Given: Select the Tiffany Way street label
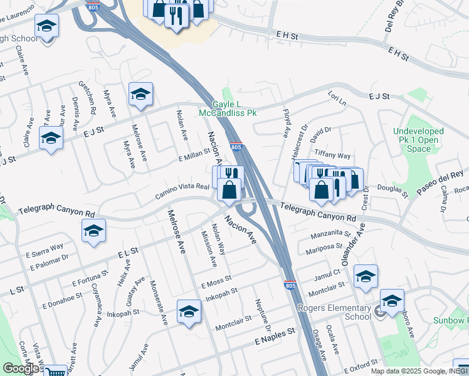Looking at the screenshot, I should tap(332, 154).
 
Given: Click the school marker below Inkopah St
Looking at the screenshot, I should tap(189, 312).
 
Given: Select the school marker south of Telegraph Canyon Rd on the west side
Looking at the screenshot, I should tap(93, 232).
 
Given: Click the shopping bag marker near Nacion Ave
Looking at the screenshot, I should tap(229, 190).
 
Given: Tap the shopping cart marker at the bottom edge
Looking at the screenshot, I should tap(55, 372).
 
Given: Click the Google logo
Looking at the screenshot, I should tap(21, 368).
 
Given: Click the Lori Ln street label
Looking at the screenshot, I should tap(337, 99).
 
